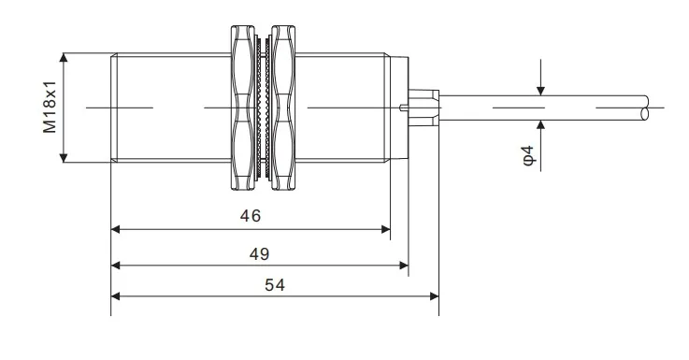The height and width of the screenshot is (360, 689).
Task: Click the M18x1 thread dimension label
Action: click(50, 107)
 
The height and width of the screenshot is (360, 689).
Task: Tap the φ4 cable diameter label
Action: click(528, 155)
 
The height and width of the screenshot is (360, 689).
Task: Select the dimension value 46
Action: click(250, 216)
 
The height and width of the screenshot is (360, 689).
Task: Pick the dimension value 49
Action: click(259, 254)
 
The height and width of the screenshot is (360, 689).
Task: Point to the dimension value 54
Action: click(275, 285)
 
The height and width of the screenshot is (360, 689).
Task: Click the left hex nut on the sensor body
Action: click(243, 108)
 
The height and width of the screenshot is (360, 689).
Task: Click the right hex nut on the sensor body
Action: click(282, 108)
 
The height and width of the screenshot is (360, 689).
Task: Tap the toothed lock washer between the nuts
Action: click(263, 108)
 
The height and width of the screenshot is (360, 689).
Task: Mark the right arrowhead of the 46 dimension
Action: click(386, 229)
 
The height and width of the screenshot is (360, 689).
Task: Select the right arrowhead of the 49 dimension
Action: click(404, 265)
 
